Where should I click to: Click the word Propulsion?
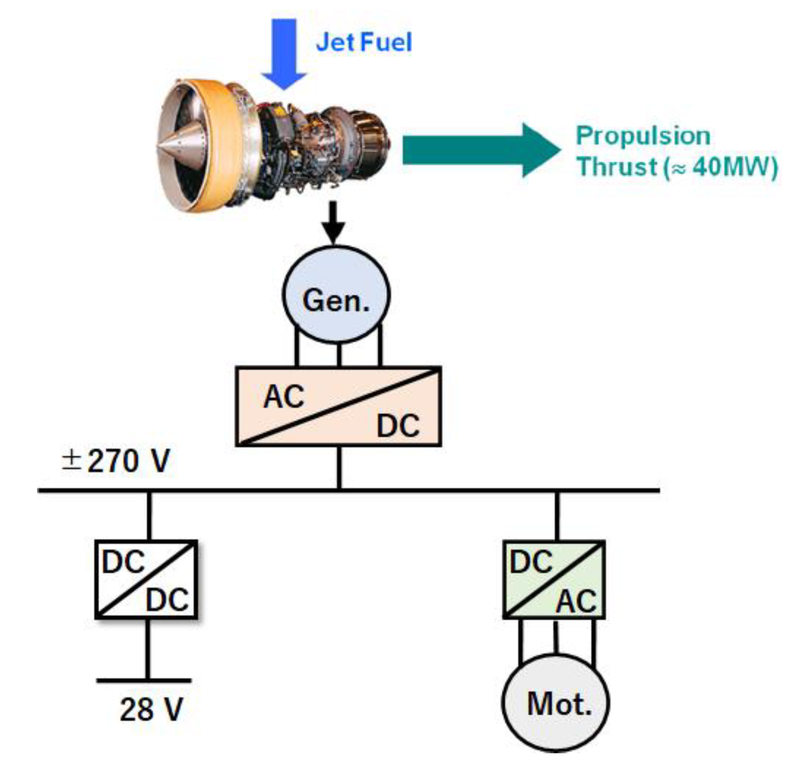[x=643, y=136]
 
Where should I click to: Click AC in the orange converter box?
[x=284, y=397]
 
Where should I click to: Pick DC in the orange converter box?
[x=397, y=426]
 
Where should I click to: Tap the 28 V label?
[x=151, y=710]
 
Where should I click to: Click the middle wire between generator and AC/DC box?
[x=339, y=355]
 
